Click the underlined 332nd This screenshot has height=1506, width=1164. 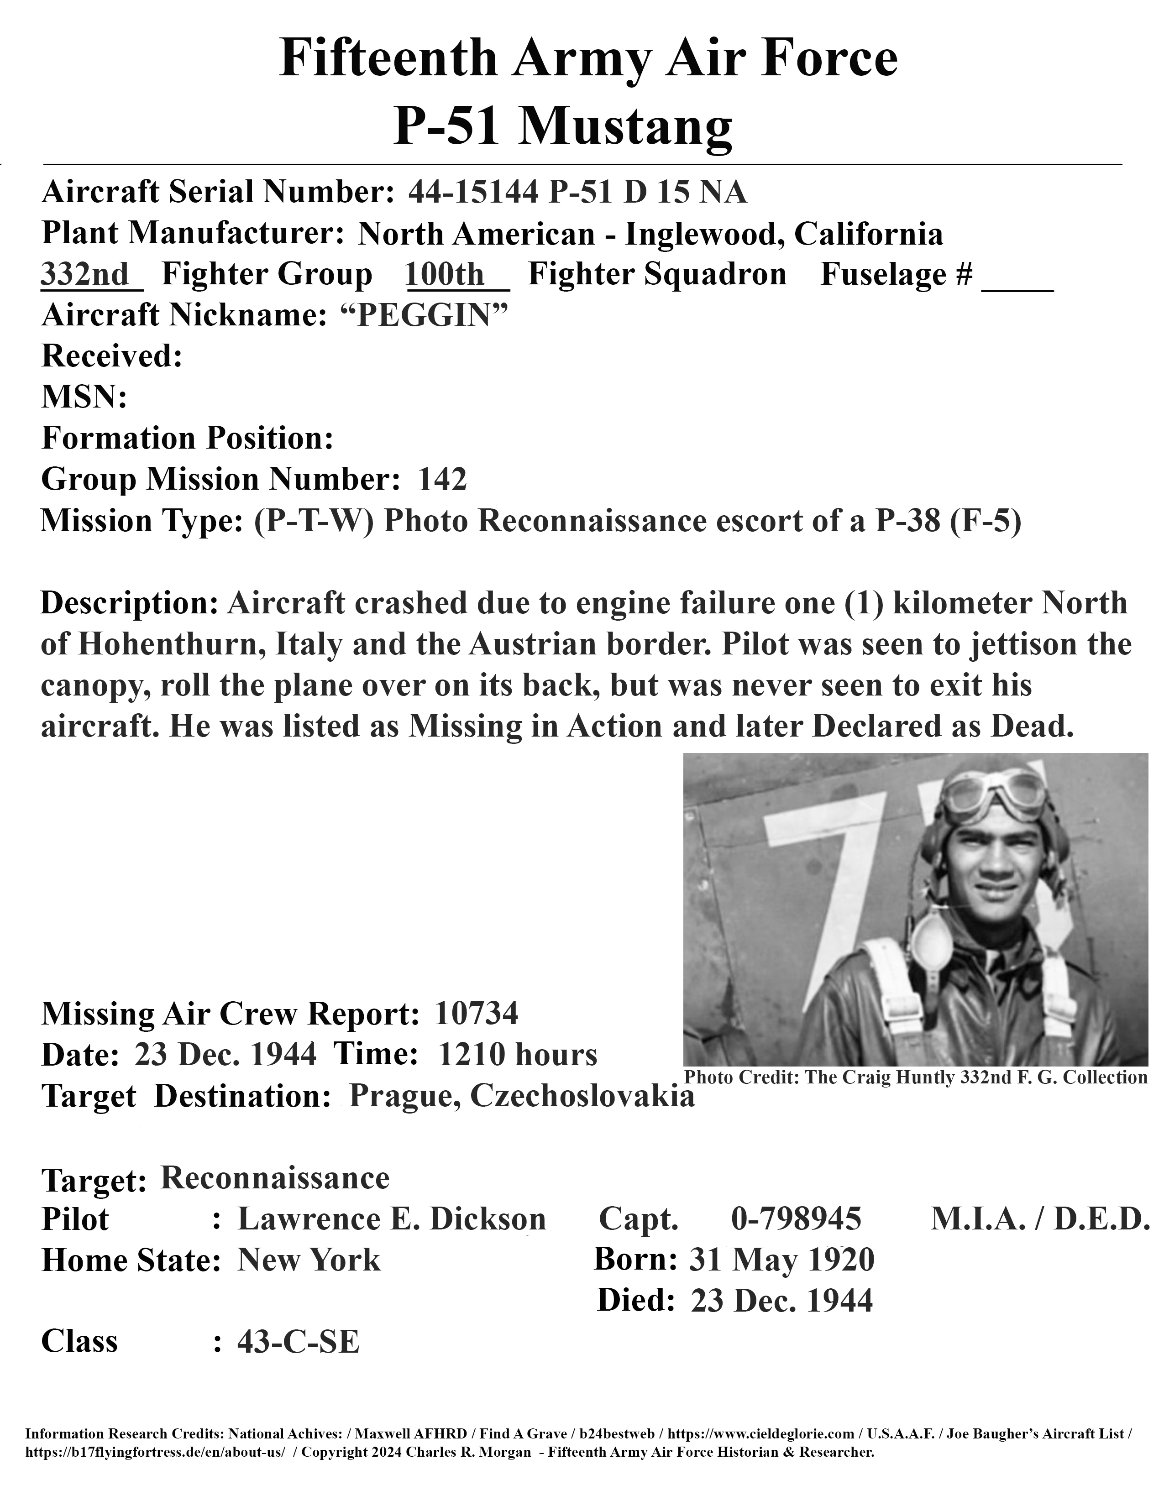click(85, 274)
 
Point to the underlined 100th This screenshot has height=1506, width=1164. click(446, 274)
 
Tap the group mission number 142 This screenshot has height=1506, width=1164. click(442, 479)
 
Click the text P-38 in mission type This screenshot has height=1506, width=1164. click(907, 521)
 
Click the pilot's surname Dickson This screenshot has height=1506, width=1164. click(488, 1219)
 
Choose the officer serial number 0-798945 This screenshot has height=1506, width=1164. click(796, 1219)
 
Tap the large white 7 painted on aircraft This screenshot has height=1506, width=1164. click(821, 896)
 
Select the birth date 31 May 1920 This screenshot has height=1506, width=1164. click(781, 1260)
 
